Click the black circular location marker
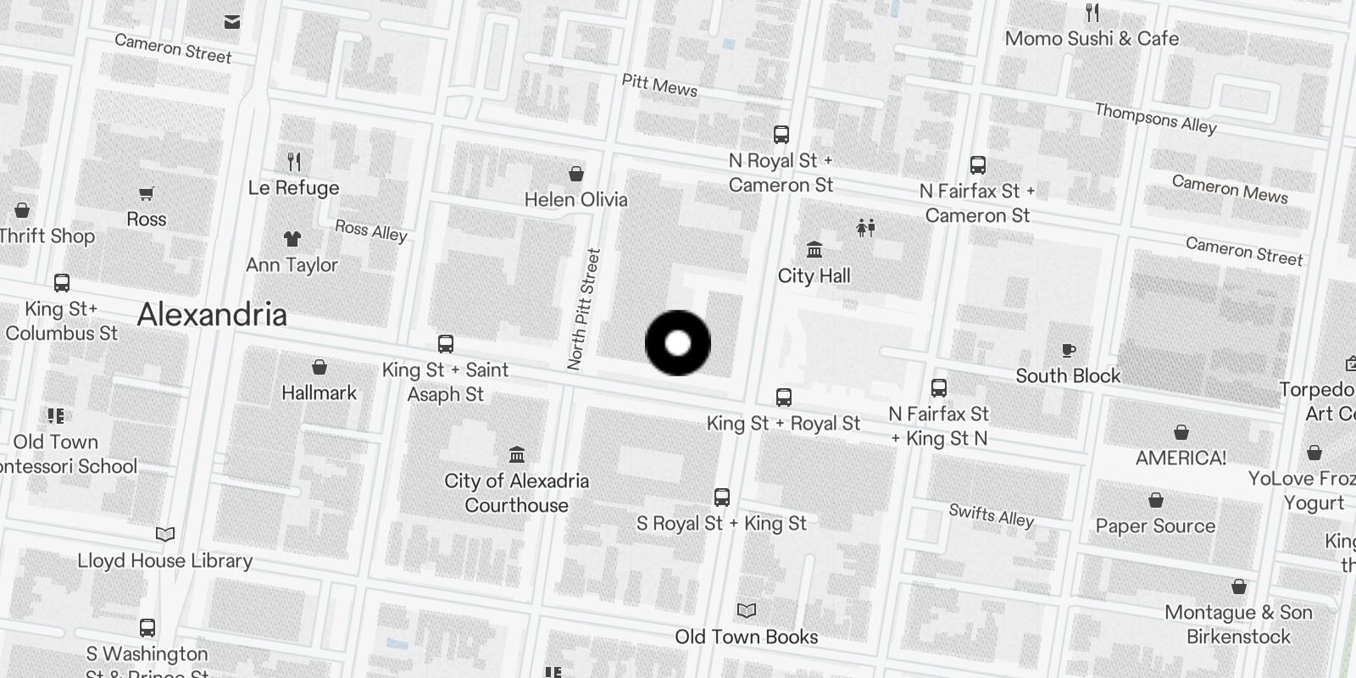click(678, 343)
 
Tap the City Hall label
click(814, 275)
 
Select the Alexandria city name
click(212, 314)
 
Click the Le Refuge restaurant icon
click(294, 161)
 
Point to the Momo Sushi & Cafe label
click(1092, 38)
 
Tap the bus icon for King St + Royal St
click(784, 397)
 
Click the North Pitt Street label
click(584, 308)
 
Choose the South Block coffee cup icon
click(1069, 350)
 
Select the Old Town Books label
click(747, 636)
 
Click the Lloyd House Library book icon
click(165, 534)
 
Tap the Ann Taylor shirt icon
click(292, 239)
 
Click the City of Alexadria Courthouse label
click(517, 492)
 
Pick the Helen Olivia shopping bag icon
click(576, 174)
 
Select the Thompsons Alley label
click(1155, 118)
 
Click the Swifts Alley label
click(991, 514)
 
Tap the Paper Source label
click(1155, 525)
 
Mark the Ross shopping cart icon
click(147, 194)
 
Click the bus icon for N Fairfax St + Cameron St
click(978, 165)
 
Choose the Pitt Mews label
click(659, 85)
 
